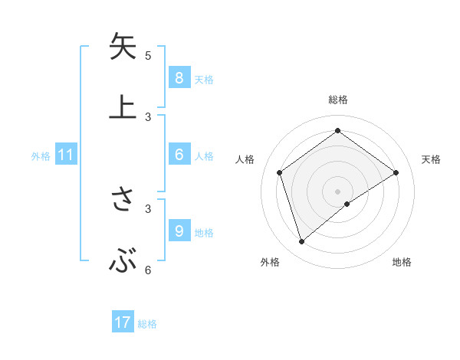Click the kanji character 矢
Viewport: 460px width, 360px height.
point(123,47)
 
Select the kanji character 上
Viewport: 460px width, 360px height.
point(123,108)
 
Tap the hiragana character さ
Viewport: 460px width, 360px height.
point(123,200)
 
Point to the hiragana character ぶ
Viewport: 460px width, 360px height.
point(123,262)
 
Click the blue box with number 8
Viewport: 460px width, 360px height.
point(179,77)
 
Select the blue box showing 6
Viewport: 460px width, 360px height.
point(179,155)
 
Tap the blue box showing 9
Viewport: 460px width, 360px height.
point(179,231)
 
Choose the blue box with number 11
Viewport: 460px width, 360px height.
point(66,155)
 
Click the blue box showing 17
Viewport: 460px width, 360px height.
point(123,322)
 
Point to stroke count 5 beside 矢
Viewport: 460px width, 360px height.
point(148,56)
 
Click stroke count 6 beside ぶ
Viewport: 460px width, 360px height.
point(148,270)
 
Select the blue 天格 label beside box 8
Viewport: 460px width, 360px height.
point(204,79)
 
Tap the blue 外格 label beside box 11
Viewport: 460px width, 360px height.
point(41,156)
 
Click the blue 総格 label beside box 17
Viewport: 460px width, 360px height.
point(147,324)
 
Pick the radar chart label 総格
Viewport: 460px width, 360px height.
point(338,100)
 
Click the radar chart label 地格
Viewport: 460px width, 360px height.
point(402,262)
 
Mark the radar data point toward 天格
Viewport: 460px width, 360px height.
point(396,172)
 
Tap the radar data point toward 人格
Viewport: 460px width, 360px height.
point(280,172)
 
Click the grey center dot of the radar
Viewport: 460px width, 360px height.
point(338,191)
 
